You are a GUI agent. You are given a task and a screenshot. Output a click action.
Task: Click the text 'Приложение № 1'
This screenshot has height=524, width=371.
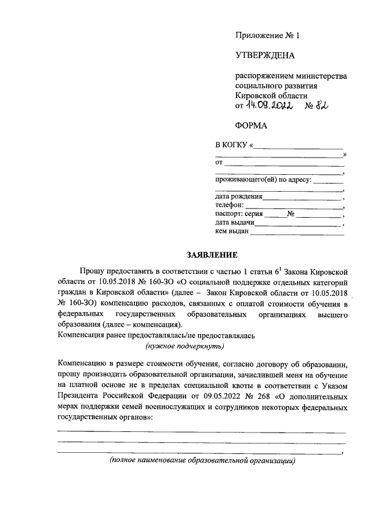tap(268, 36)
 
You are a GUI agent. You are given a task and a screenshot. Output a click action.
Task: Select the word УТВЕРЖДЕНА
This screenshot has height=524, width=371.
tap(264, 56)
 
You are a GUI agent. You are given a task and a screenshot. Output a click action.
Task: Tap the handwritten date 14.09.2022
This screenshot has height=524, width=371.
tap(267, 105)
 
